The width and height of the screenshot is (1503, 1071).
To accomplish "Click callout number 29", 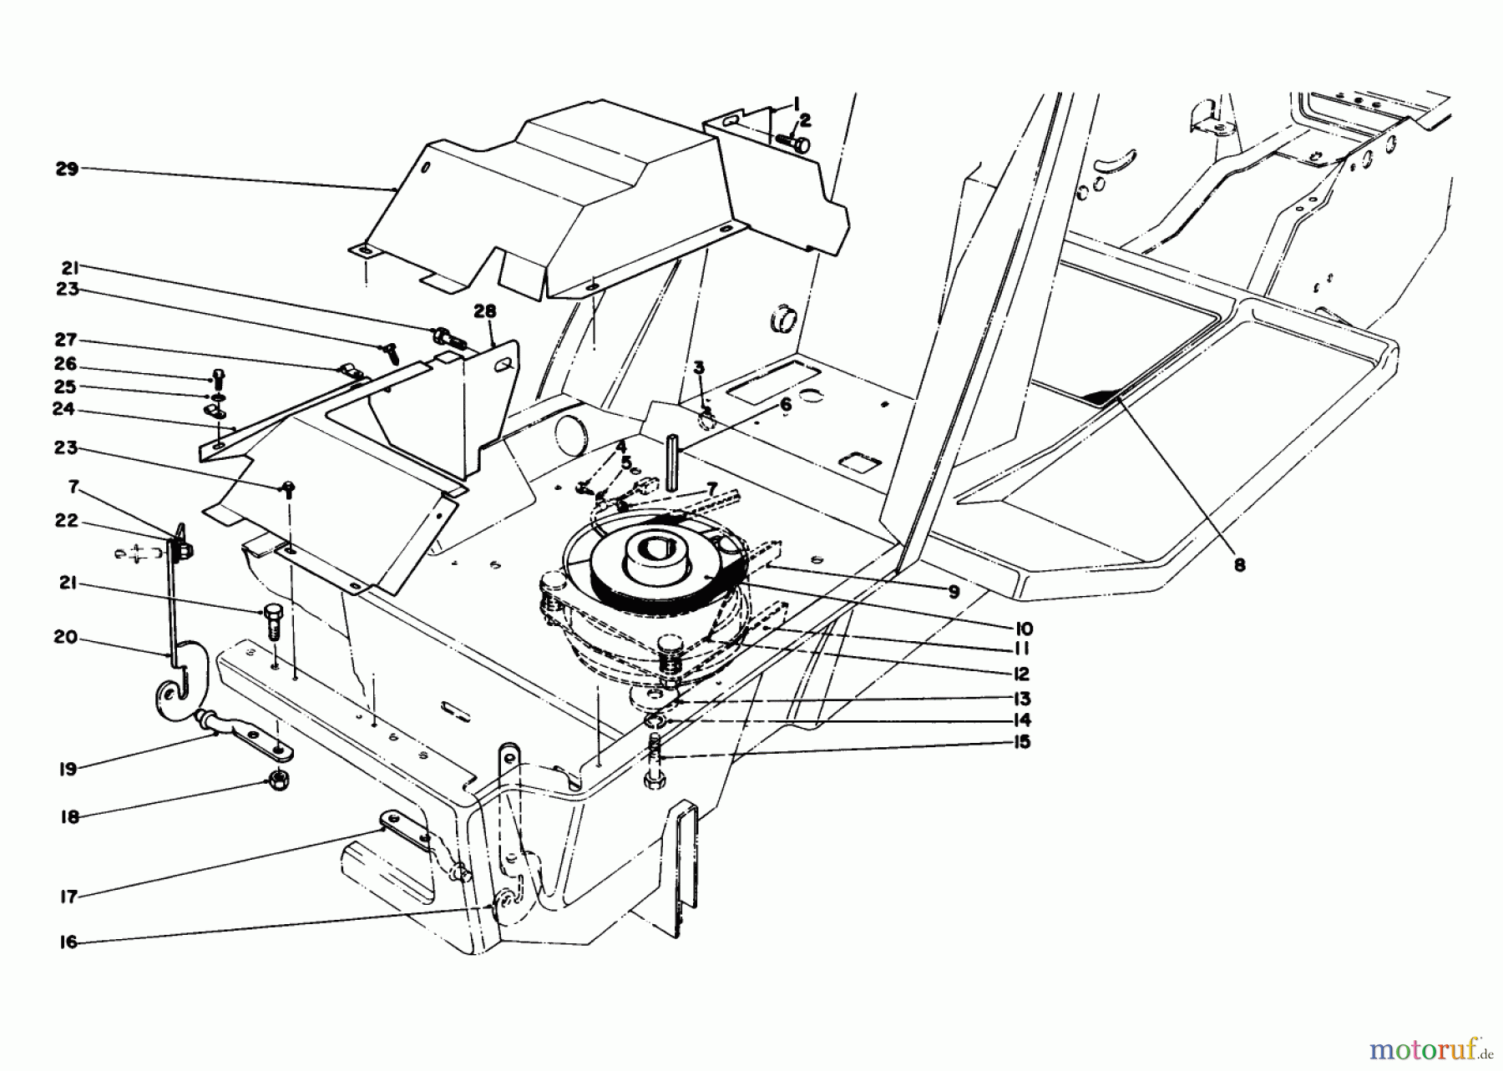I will pyautogui.click(x=67, y=169).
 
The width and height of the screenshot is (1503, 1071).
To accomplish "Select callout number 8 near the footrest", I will pyautogui.click(x=1239, y=565).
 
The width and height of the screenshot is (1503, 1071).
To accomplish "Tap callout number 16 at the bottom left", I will pyautogui.click(x=68, y=942).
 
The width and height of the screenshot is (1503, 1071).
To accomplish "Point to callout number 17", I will pyautogui.click(x=68, y=897).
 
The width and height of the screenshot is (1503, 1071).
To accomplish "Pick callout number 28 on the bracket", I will pyautogui.click(x=484, y=311).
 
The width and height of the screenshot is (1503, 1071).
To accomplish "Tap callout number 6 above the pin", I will pyautogui.click(x=785, y=404).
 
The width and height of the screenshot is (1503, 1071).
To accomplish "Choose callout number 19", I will pyautogui.click(x=68, y=769).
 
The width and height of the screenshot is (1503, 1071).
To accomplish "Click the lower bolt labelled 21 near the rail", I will pyautogui.click(x=273, y=622).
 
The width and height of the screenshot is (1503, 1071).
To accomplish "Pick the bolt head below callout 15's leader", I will pyautogui.click(x=654, y=781).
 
